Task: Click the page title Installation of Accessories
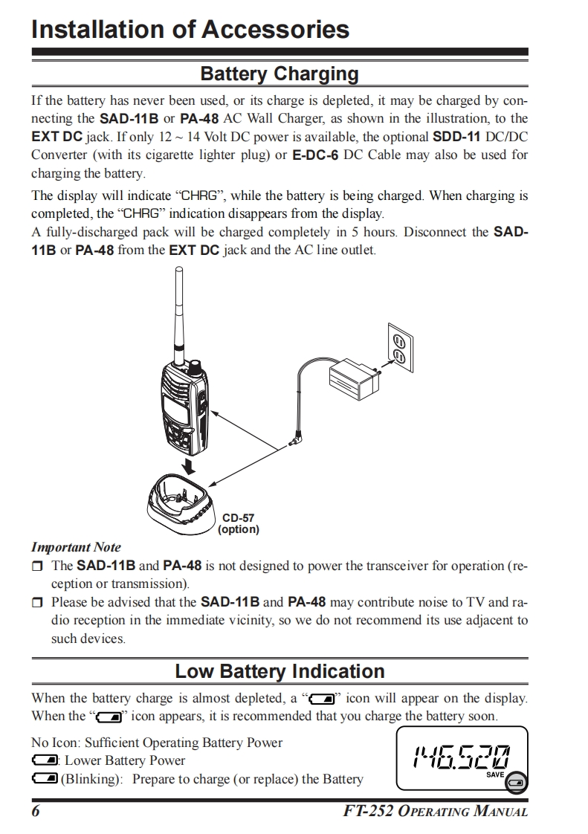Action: tap(190, 30)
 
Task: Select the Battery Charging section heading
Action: tap(280, 74)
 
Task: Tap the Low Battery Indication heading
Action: tap(280, 671)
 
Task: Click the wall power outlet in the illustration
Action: tap(398, 349)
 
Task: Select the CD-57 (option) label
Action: tap(238, 523)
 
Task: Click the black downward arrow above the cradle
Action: tap(190, 465)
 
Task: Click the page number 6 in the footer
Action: tap(36, 812)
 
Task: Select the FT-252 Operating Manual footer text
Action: tap(435, 812)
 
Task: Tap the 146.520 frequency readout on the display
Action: tap(461, 756)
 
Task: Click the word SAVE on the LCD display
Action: tap(495, 775)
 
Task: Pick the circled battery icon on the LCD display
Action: tap(517, 782)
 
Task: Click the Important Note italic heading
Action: tap(76, 547)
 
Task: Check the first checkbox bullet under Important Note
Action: tap(36, 566)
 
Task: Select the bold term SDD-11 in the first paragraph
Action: tap(456, 137)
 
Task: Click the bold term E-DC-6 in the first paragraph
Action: tap(316, 155)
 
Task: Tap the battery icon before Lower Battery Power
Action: tap(45, 760)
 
